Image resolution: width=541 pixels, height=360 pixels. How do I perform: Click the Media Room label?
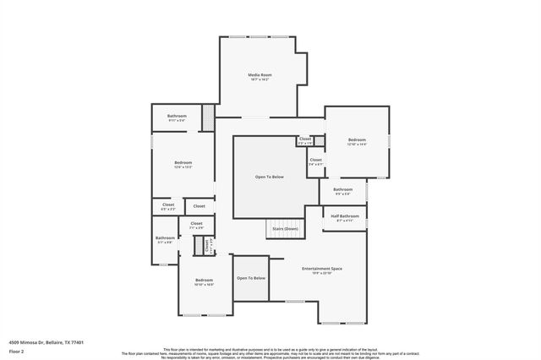tap(260, 75)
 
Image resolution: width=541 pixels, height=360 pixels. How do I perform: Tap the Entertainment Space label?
tap(321, 269)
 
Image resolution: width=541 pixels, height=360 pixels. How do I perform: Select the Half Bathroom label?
tap(345, 215)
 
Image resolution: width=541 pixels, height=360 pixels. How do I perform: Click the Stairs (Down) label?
tap(285, 229)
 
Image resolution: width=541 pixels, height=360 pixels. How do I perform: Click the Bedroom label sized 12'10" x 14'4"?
tap(357, 139)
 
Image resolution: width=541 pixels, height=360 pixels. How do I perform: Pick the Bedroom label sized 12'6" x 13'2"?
tap(183, 162)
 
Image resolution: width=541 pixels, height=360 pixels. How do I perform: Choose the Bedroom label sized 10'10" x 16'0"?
tap(204, 280)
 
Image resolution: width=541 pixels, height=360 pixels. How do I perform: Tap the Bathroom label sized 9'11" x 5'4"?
tap(177, 116)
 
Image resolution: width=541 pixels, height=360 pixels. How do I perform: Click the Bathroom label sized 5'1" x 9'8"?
tap(164, 237)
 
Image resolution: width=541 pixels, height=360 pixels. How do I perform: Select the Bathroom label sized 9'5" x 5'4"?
tap(342, 189)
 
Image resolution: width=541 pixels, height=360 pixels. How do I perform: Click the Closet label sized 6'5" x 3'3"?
tap(168, 205)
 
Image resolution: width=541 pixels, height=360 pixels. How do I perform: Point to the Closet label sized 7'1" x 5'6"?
tap(196, 223)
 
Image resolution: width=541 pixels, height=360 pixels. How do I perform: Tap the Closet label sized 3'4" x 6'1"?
tap(315, 159)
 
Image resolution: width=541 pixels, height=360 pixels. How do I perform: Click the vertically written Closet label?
tap(206, 245)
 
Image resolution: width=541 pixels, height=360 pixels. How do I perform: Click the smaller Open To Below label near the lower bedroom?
tap(251, 278)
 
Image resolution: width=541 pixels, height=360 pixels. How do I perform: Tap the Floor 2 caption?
tap(15, 351)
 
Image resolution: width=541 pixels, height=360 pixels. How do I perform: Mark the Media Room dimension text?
tap(260, 80)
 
